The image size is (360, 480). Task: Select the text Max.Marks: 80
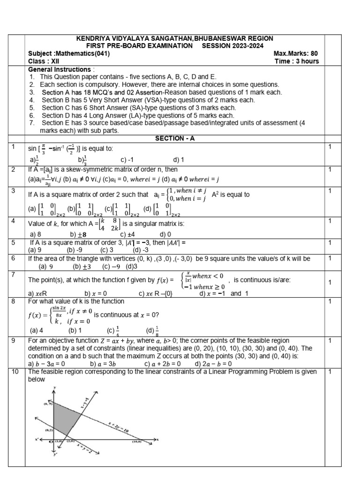coord(296,53)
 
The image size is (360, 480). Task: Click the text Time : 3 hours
coord(297,61)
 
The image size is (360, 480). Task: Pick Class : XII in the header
coord(44,61)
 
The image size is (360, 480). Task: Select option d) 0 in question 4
coord(165,234)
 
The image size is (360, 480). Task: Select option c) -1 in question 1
coord(128,159)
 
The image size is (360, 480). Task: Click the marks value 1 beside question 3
coord(330,190)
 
